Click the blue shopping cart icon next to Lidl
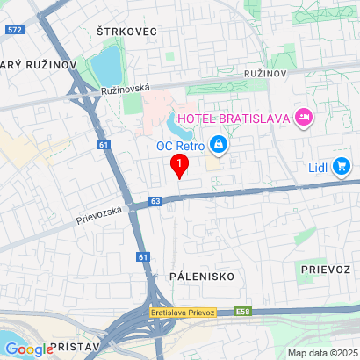(342, 166)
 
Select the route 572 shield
(13, 29)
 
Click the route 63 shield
(155, 201)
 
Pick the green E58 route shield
(244, 312)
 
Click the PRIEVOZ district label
(324, 267)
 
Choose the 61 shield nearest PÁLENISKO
(142, 256)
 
